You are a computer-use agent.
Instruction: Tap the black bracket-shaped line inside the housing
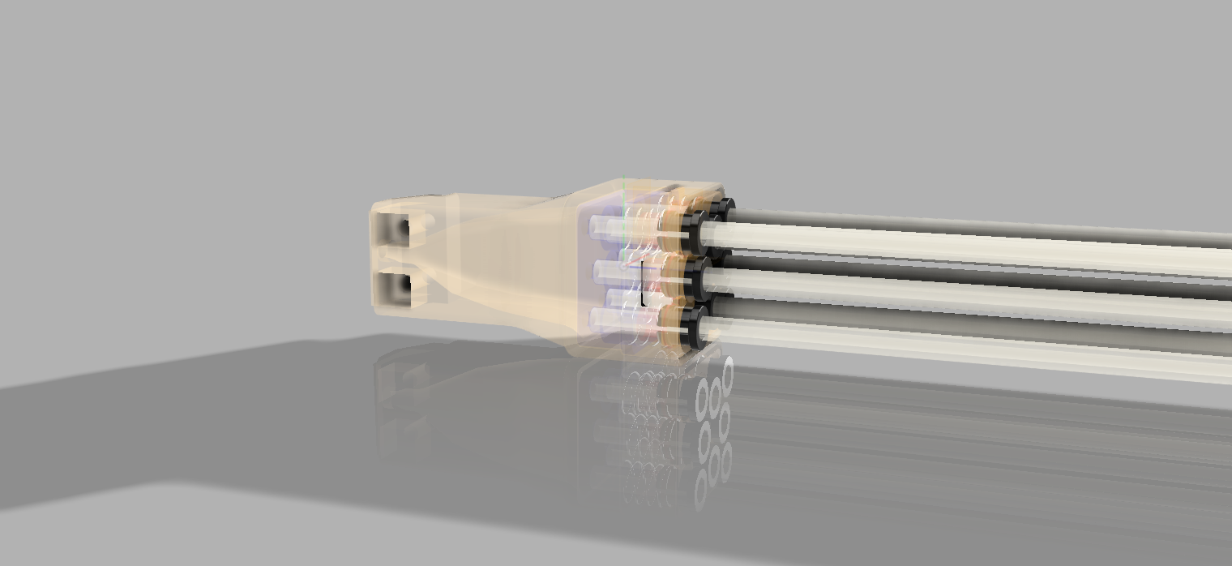tap(643, 284)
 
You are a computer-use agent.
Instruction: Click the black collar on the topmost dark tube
tap(725, 208)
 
